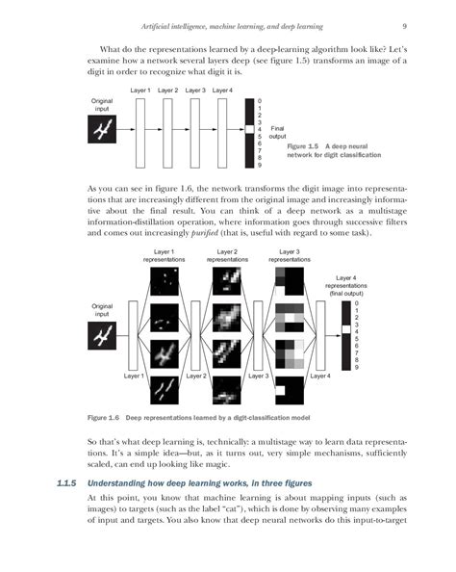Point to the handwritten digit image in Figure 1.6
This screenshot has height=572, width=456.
point(102,335)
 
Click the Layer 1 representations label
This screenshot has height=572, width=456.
point(165,255)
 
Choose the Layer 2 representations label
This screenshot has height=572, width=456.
point(227,255)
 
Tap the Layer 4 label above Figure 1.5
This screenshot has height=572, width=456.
point(223,91)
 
